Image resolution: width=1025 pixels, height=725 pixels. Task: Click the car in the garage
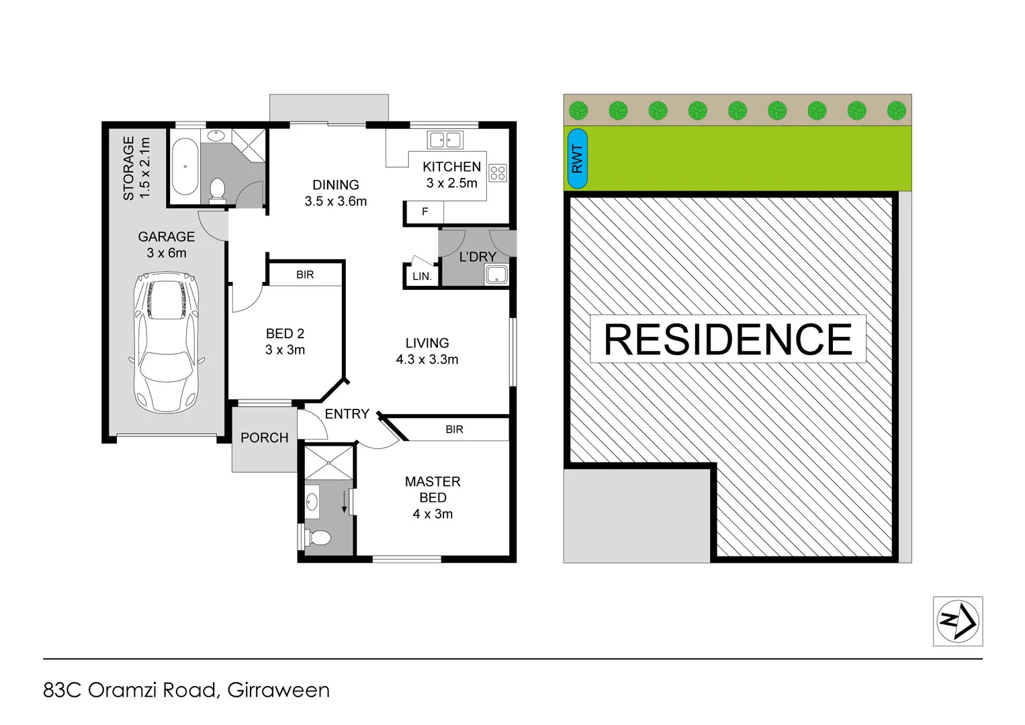click(166, 342)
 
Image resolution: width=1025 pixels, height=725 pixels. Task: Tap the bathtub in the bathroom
click(184, 166)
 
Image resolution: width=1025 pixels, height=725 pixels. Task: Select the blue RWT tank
click(577, 158)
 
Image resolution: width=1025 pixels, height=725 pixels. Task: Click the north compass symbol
click(957, 621)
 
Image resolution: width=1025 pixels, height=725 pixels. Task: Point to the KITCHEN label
click(451, 166)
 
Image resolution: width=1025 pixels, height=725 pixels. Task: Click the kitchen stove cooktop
click(498, 173)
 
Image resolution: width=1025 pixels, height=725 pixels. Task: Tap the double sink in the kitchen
click(445, 140)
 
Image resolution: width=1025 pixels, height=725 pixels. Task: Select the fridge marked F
click(425, 212)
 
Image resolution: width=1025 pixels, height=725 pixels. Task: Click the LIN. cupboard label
click(422, 276)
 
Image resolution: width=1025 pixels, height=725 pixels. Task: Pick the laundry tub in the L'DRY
click(496, 274)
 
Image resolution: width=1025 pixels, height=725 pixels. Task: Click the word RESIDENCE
click(728, 339)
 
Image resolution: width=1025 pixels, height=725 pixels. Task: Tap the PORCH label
click(264, 438)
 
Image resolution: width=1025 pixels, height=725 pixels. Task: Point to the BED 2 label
click(285, 334)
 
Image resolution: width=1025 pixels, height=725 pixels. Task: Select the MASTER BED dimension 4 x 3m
click(433, 514)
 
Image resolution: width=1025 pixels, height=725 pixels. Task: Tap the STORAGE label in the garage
click(128, 168)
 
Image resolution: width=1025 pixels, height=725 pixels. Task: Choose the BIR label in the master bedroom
click(454, 430)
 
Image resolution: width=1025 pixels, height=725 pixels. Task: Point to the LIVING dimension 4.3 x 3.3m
click(427, 360)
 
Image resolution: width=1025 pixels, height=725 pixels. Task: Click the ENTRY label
click(347, 414)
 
